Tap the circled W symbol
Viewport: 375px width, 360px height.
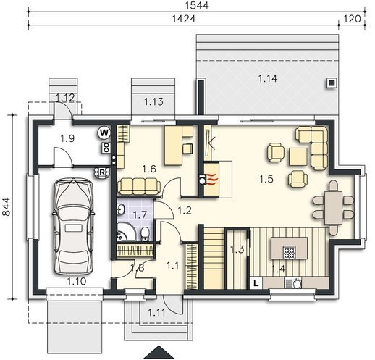click(104, 133)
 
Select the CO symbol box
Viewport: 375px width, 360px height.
click(106, 148)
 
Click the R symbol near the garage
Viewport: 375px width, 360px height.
click(102, 172)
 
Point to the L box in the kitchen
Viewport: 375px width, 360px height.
click(256, 283)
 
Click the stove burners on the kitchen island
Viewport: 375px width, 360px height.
click(290, 252)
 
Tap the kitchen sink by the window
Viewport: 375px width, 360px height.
click(293, 283)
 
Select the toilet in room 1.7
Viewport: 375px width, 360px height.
click(145, 234)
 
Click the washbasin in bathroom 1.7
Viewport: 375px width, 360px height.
click(120, 209)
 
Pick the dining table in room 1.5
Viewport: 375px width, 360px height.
click(333, 208)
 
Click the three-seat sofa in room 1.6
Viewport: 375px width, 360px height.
click(139, 187)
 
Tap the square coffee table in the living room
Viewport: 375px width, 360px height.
click(298, 156)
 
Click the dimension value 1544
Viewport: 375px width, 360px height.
click(197, 5)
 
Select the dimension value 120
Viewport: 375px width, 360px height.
click(352, 19)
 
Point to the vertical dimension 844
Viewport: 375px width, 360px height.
click(7, 206)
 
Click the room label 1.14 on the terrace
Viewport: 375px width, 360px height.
click(268, 78)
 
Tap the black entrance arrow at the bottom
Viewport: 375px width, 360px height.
click(159, 352)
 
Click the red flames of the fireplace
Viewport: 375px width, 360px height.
click(211, 180)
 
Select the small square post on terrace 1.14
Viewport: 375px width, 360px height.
click(332, 83)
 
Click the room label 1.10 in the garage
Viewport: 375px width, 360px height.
click(77, 281)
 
